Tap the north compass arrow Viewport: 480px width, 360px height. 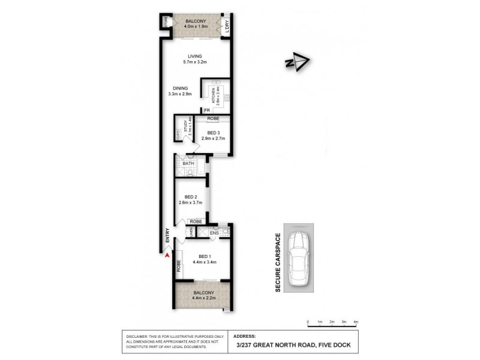click(297, 62)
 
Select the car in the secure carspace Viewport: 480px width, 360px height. click(298, 263)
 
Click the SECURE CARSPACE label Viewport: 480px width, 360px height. click(278, 263)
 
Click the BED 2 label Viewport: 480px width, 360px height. click(191, 197)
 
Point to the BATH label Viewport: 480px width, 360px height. click(187, 163)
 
